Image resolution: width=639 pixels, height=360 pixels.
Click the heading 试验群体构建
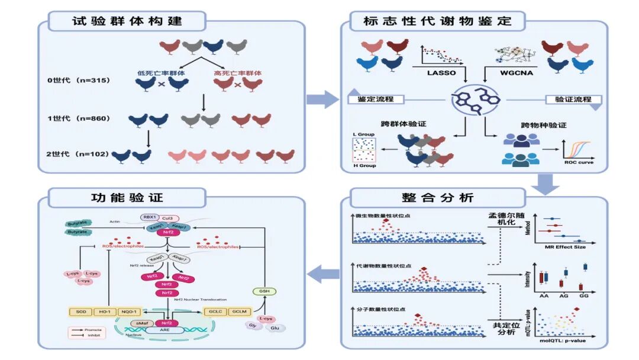[x=127, y=21]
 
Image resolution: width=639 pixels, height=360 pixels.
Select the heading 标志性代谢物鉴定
[x=438, y=21]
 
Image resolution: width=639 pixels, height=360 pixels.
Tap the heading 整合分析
[x=437, y=198]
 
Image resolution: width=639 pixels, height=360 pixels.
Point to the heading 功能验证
[x=127, y=198]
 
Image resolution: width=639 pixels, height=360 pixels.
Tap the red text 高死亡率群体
[x=237, y=74]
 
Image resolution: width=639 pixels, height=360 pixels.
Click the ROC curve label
[x=578, y=162]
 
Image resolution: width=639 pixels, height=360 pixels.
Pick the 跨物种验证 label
[x=543, y=126]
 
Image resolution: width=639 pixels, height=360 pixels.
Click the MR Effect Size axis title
[x=563, y=247]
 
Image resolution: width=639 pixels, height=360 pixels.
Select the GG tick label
[x=583, y=294]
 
